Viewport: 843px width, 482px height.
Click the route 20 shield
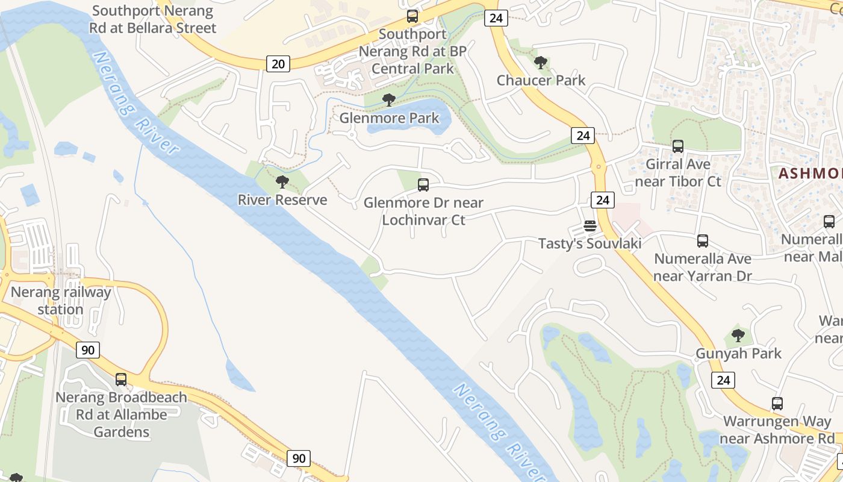278,63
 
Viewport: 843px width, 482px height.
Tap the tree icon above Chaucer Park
541,62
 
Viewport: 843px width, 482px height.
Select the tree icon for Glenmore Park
389,100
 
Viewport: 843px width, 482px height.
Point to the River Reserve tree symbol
282,182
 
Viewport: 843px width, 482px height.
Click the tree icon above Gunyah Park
738,336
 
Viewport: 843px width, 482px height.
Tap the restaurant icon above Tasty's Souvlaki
590,226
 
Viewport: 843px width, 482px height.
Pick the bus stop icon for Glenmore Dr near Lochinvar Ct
423,185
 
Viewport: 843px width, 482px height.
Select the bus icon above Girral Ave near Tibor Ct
678,146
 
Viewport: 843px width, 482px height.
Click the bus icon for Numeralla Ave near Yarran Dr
703,241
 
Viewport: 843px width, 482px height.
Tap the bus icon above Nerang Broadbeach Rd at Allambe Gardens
121,380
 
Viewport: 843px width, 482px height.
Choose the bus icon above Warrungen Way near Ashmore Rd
777,404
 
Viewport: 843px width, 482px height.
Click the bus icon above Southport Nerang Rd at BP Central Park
412,16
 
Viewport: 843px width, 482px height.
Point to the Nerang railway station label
61,301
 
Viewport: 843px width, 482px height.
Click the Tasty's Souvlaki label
589,243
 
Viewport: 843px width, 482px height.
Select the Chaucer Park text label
541,80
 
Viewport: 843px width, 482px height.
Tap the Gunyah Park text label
738,354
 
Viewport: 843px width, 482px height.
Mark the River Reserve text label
282,200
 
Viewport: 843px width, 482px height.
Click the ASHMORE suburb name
810,174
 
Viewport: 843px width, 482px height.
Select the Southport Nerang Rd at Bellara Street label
152,19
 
